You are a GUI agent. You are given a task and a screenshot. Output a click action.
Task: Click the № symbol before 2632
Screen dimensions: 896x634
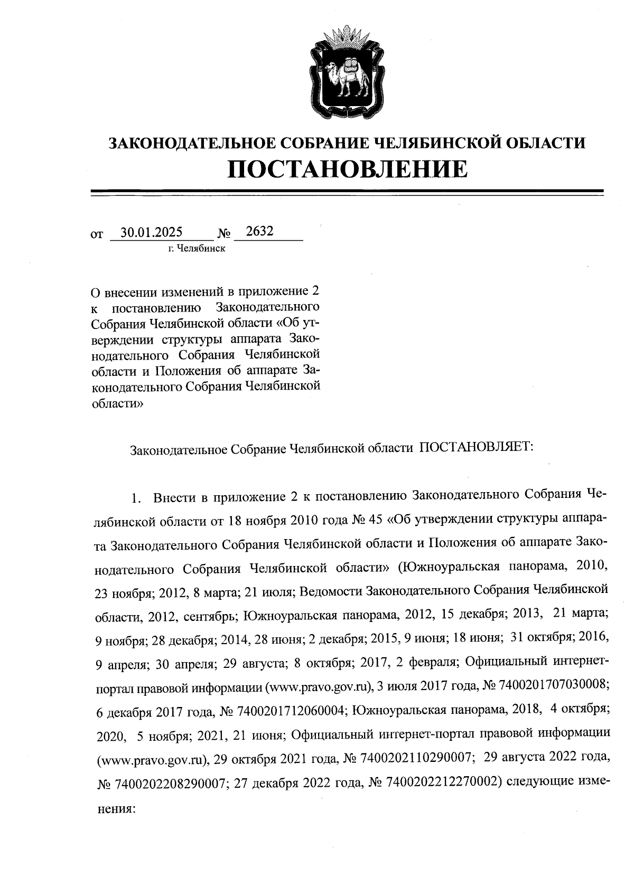[x=224, y=233]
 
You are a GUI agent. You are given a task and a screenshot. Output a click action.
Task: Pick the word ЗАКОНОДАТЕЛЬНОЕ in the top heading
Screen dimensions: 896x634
[x=188, y=143]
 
